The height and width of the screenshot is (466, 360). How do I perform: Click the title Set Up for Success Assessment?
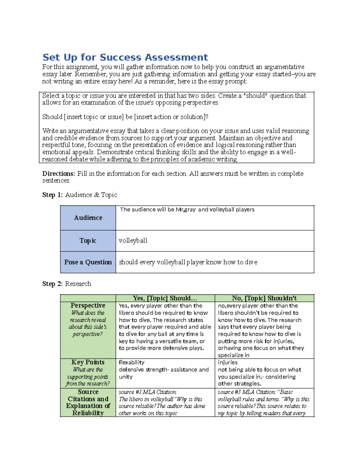[x=125, y=57]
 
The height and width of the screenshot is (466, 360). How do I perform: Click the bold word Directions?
[x=58, y=174]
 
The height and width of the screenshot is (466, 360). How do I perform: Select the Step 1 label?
[x=52, y=195]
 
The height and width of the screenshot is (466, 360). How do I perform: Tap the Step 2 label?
[x=52, y=284]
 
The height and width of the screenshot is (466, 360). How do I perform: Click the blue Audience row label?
[x=88, y=218]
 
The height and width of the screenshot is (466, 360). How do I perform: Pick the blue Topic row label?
[x=88, y=241]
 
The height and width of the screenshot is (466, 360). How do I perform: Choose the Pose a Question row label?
[x=88, y=262]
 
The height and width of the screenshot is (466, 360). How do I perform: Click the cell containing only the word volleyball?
[x=133, y=241]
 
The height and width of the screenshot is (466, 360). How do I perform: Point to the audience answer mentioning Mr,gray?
[x=187, y=209]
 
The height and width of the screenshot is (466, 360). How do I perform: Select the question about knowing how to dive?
[x=188, y=262]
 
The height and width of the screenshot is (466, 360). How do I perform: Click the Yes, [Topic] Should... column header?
[x=165, y=298]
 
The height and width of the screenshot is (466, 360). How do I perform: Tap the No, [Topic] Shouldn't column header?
[x=264, y=298]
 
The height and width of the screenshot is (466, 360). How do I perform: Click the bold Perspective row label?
[x=88, y=305]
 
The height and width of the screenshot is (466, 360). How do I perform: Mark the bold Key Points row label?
[x=88, y=362]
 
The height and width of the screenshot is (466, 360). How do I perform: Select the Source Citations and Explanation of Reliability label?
[x=88, y=402]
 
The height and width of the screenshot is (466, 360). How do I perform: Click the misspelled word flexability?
[x=131, y=362]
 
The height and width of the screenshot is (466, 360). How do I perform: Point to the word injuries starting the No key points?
[x=228, y=362]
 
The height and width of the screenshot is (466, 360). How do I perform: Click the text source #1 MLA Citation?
[x=148, y=392]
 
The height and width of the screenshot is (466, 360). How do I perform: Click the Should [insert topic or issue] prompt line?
[x=125, y=117]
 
